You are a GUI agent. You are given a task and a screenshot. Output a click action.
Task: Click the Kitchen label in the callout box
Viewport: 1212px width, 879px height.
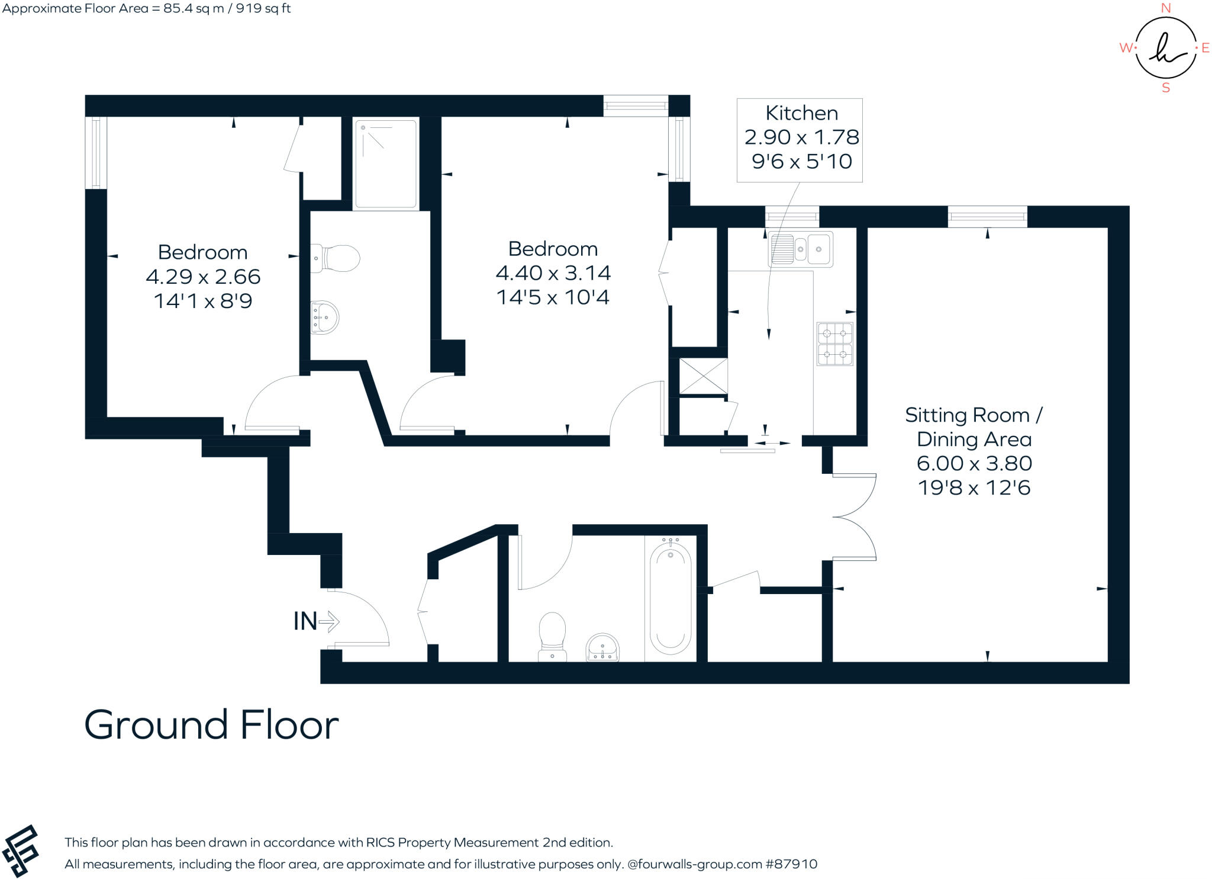click(801, 113)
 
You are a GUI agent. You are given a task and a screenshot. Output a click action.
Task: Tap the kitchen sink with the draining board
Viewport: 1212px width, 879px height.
click(800, 249)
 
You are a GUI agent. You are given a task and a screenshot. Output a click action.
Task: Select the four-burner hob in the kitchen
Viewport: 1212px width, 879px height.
click(834, 344)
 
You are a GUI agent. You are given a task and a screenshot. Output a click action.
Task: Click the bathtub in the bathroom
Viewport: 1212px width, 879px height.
click(670, 599)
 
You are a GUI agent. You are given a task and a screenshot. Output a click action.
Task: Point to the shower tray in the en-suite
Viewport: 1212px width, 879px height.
click(385, 164)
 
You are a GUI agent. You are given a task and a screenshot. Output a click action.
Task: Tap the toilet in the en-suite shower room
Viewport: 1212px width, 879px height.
click(336, 258)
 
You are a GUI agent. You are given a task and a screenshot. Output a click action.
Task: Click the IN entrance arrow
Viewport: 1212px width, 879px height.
click(328, 621)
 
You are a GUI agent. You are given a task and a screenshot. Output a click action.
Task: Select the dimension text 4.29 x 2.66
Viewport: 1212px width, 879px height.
click(203, 277)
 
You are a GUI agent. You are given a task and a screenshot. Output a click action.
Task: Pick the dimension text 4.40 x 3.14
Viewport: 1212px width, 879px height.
click(553, 273)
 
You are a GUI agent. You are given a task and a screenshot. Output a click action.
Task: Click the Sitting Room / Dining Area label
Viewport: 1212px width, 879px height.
click(974, 427)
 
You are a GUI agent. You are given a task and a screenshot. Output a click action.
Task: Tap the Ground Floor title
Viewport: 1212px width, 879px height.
click(211, 725)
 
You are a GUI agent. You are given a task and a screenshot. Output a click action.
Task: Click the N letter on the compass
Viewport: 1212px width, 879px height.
click(1165, 8)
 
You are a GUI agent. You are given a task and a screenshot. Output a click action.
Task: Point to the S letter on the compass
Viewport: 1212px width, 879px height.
click(1165, 88)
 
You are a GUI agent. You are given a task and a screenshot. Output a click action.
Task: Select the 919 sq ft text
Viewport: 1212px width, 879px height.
click(263, 9)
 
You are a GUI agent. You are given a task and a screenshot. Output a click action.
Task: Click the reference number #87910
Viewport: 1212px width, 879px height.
click(791, 864)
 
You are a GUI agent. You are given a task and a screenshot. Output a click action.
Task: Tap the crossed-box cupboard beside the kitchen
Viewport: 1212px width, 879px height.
click(703, 376)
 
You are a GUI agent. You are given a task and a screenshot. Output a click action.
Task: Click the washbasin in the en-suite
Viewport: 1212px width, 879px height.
click(324, 318)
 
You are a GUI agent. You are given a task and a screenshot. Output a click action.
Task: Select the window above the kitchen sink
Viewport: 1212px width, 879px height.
click(792, 216)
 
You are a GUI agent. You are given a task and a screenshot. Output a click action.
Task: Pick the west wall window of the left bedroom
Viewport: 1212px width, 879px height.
click(96, 153)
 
